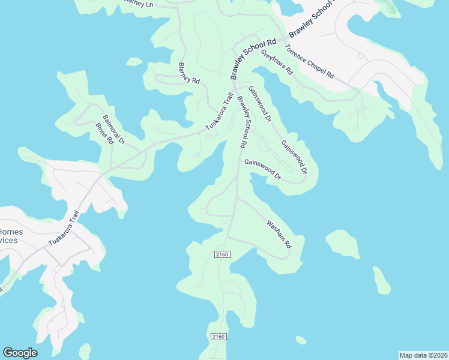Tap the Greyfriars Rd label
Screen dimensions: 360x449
pos(277,62)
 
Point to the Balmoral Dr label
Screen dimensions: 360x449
pos(113,130)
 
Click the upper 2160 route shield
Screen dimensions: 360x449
pos(222,255)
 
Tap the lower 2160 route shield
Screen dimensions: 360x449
pos(218,337)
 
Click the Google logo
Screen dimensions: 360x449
pos(20,353)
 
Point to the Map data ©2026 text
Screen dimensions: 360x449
pos(423,355)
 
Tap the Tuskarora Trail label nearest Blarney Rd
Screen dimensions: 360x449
pos(219,112)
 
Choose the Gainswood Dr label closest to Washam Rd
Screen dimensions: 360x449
pos(262,169)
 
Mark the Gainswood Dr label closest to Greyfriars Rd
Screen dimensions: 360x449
pos(260,104)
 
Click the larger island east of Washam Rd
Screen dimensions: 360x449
pos(343,243)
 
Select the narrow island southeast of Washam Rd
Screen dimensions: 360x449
pos(381,280)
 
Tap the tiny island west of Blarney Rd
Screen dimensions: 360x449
pos(134,61)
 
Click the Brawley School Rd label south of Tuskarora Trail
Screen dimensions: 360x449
pos(243,122)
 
